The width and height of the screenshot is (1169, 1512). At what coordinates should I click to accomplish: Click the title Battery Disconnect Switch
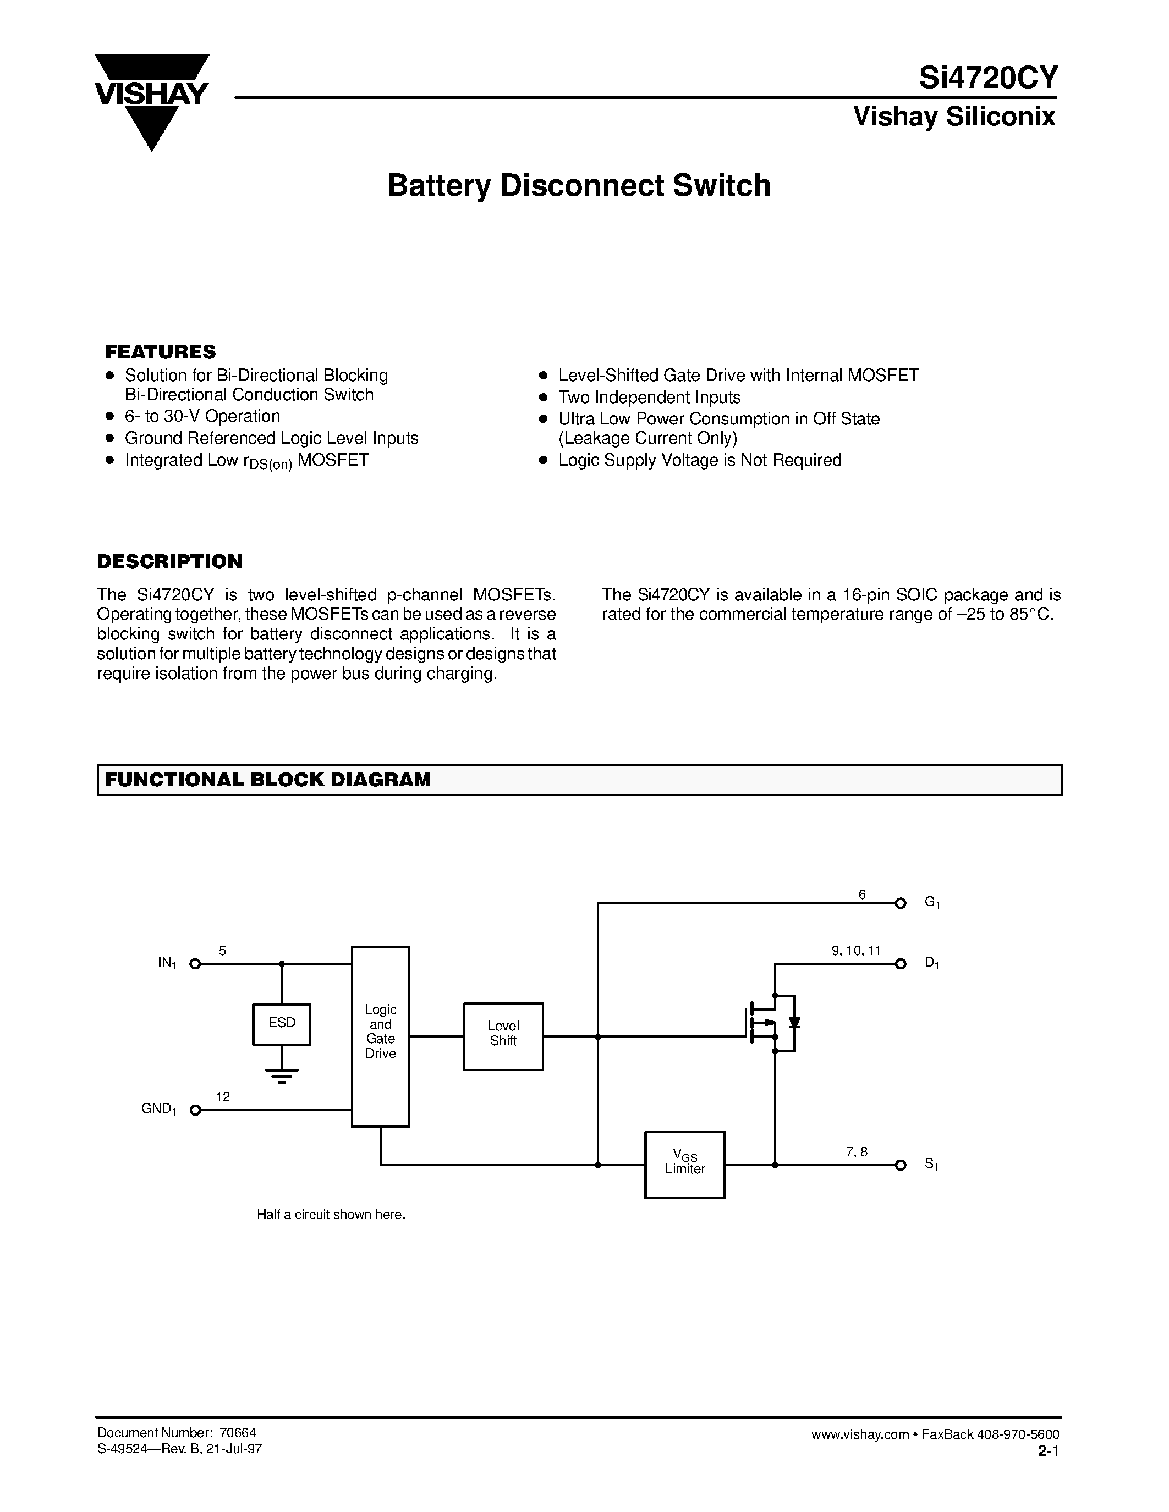pyautogui.click(x=578, y=185)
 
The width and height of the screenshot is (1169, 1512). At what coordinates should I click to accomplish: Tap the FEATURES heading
pyautogui.click(x=160, y=352)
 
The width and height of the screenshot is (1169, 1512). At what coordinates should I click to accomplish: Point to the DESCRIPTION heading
pyautogui.click(x=169, y=561)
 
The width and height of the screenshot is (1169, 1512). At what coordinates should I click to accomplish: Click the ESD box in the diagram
pyautogui.click(x=282, y=1023)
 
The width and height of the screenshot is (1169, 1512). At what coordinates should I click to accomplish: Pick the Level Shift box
pyautogui.click(x=503, y=1036)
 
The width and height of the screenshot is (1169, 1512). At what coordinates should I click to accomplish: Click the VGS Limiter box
pyautogui.click(x=684, y=1165)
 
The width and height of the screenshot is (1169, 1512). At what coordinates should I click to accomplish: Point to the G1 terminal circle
pyautogui.click(x=901, y=903)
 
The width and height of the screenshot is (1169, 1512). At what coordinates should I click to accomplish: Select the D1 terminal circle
pyautogui.click(x=901, y=964)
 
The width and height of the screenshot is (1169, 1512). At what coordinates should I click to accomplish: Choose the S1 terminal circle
pyautogui.click(x=901, y=1165)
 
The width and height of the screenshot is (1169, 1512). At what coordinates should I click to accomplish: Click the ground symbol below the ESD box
pyautogui.click(x=282, y=1074)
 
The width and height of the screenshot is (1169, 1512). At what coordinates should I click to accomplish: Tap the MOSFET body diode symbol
pyautogui.click(x=794, y=1023)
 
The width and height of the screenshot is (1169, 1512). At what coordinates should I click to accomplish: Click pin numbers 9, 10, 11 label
pyautogui.click(x=856, y=951)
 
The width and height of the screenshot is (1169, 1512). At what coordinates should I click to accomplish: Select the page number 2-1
pyautogui.click(x=1049, y=1450)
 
